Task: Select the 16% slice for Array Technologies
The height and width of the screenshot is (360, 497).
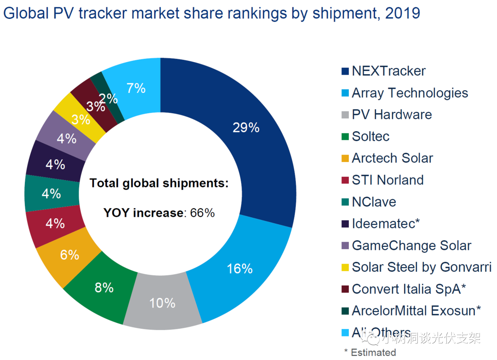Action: [x=239, y=269]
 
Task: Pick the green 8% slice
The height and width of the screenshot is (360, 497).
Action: [x=104, y=288]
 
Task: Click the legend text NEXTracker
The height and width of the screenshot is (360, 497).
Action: [x=388, y=71]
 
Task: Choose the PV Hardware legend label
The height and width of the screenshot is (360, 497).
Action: [x=392, y=115]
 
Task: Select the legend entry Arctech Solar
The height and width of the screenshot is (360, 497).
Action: [x=392, y=158]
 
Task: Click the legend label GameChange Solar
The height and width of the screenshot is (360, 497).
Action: [x=411, y=245]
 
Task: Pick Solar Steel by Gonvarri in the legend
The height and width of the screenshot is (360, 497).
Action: [x=422, y=267]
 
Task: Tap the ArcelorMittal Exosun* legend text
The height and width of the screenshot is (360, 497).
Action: [x=416, y=311]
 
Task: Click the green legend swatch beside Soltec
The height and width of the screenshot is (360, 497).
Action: [x=345, y=137]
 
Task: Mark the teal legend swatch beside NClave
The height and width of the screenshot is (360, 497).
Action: [x=345, y=202]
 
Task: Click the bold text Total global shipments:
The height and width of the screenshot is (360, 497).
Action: [x=159, y=183]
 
